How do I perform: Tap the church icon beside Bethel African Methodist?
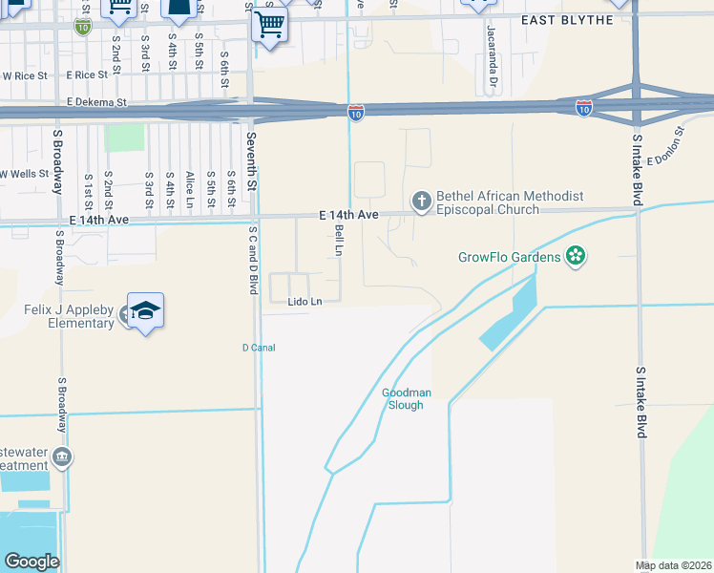pyautogui.click(x=420, y=202)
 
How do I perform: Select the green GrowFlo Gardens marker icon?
pyautogui.click(x=575, y=256)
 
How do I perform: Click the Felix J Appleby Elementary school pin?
pyautogui.click(x=145, y=310)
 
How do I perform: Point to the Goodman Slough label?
pyautogui.click(x=415, y=398)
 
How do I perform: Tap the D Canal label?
pyautogui.click(x=258, y=348)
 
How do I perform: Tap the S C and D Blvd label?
pyautogui.click(x=253, y=259)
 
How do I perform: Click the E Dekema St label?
pyautogui.click(x=97, y=101)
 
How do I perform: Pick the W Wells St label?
pyautogui.click(x=23, y=174)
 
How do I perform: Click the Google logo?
pyautogui.click(x=31, y=562)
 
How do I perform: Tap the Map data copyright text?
pyautogui.click(x=673, y=565)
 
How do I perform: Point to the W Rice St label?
pyautogui.click(x=26, y=75)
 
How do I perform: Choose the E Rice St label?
pyautogui.click(x=87, y=74)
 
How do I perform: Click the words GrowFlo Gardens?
pyautogui.click(x=509, y=256)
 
